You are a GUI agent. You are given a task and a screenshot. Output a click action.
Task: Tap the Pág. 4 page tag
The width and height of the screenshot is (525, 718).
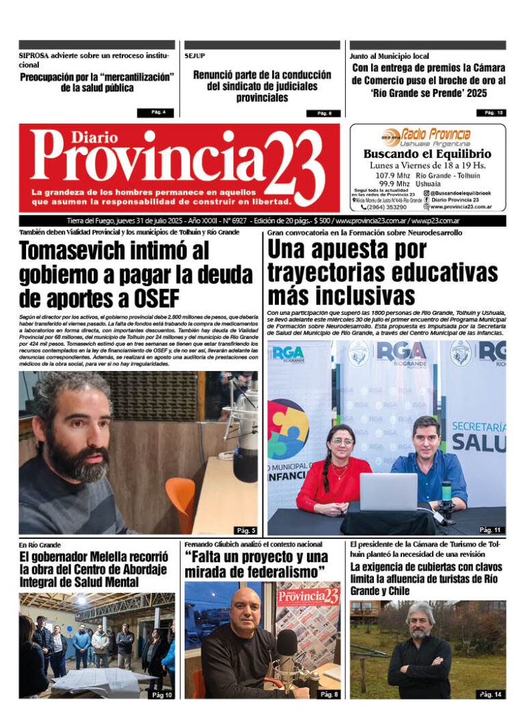(155, 113)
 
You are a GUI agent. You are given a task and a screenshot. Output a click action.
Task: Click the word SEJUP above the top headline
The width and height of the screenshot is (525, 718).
(194, 56)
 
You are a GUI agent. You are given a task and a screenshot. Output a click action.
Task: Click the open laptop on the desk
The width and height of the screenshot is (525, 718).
(388, 492)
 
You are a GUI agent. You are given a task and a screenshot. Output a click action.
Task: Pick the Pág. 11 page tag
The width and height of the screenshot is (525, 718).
(489, 529)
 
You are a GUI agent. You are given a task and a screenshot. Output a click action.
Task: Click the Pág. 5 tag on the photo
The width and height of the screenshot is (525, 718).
(245, 530)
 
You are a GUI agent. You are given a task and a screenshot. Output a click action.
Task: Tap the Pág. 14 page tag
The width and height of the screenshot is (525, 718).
(489, 694)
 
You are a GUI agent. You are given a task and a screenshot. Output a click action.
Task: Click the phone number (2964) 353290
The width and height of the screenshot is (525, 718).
(386, 207)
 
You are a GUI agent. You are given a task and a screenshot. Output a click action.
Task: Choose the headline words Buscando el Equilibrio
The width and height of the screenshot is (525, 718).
(427, 154)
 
